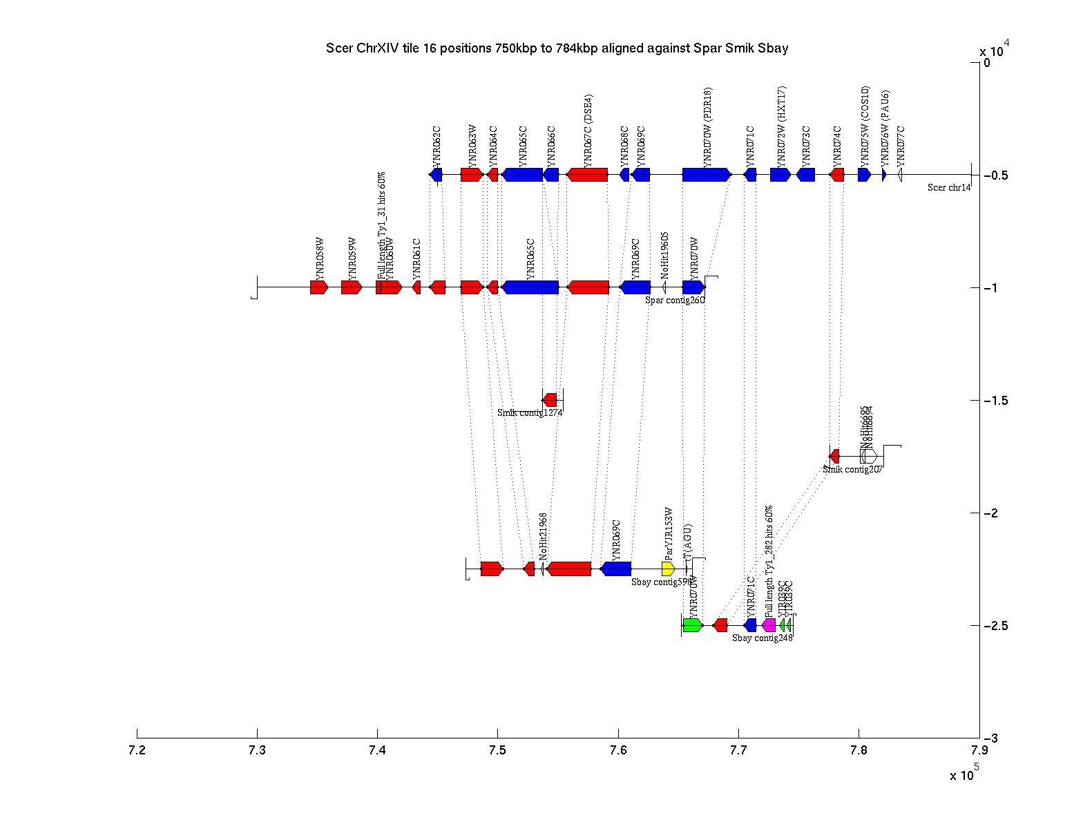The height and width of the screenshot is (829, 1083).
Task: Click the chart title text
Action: pyautogui.click(x=557, y=48)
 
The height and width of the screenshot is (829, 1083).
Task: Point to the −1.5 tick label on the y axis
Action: pyautogui.click(x=995, y=401)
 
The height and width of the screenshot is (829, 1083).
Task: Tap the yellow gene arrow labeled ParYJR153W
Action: pyautogui.click(x=668, y=569)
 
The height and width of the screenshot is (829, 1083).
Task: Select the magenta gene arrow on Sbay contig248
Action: pyautogui.click(x=769, y=625)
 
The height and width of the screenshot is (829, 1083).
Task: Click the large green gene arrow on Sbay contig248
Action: pyautogui.click(x=692, y=625)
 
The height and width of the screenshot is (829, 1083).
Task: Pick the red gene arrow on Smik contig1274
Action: pyautogui.click(x=550, y=400)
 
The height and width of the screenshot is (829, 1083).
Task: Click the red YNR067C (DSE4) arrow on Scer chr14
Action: pyautogui.click(x=587, y=175)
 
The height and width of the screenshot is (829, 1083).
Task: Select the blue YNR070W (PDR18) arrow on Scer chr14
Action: pyautogui.click(x=706, y=175)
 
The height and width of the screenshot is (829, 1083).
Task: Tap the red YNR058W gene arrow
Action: pyautogui.click(x=318, y=287)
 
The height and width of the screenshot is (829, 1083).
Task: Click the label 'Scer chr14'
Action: pyautogui.click(x=948, y=187)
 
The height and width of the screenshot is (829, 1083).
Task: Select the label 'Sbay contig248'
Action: pyautogui.click(x=762, y=638)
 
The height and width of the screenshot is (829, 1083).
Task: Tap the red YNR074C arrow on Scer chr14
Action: pyautogui.click(x=837, y=175)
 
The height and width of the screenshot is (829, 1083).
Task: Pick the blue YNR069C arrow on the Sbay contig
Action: pyautogui.click(x=616, y=569)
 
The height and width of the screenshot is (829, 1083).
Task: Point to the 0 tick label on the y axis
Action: pyautogui.click(x=987, y=63)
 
